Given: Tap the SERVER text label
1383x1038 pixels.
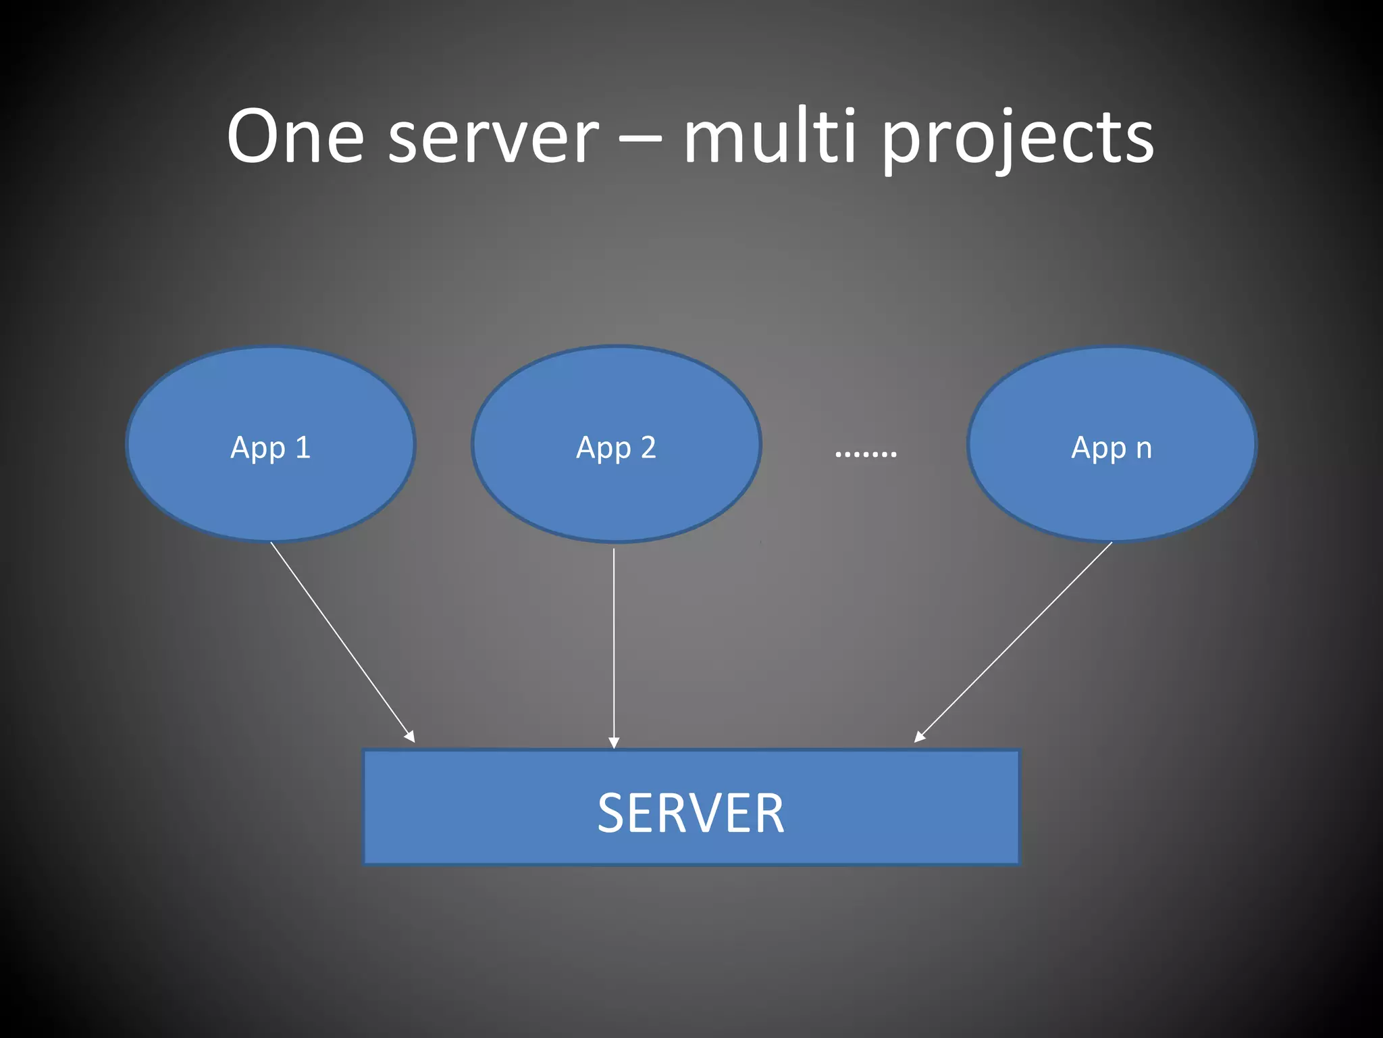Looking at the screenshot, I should [691, 814].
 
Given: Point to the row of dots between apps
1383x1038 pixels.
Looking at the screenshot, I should [866, 453].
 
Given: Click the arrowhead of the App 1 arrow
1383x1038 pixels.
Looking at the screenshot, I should [410, 737].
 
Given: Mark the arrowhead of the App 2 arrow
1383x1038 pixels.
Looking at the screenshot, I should [614, 743].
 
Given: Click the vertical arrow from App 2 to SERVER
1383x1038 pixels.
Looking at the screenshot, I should [614, 642].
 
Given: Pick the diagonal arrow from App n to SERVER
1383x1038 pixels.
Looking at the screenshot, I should [1013, 642].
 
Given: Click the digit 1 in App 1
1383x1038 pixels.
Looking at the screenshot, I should [303, 447].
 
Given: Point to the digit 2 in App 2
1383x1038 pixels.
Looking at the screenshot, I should [648, 447].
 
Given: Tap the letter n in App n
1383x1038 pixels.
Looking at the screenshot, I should [1144, 449].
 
